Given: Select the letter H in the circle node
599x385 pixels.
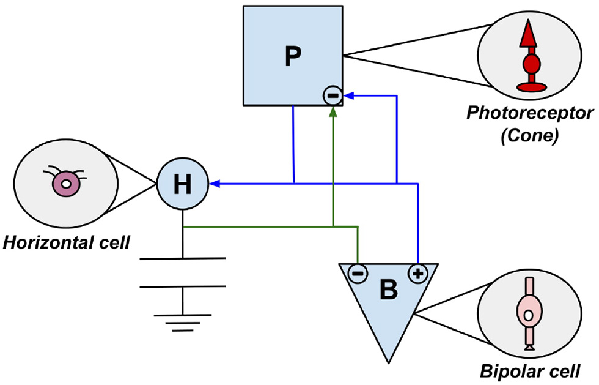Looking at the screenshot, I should [x=183, y=183].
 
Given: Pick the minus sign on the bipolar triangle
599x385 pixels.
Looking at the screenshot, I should [x=358, y=274].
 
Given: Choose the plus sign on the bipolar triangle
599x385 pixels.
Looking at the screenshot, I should [x=417, y=274].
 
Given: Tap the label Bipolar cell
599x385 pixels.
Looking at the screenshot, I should [x=529, y=371].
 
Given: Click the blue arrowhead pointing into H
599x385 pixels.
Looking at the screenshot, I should [x=214, y=182].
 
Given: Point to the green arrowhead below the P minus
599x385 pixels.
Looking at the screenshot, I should [x=333, y=111].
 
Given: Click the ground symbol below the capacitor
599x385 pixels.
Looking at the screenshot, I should [x=183, y=322].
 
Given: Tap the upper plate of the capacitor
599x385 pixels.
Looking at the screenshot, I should [x=183, y=259].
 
